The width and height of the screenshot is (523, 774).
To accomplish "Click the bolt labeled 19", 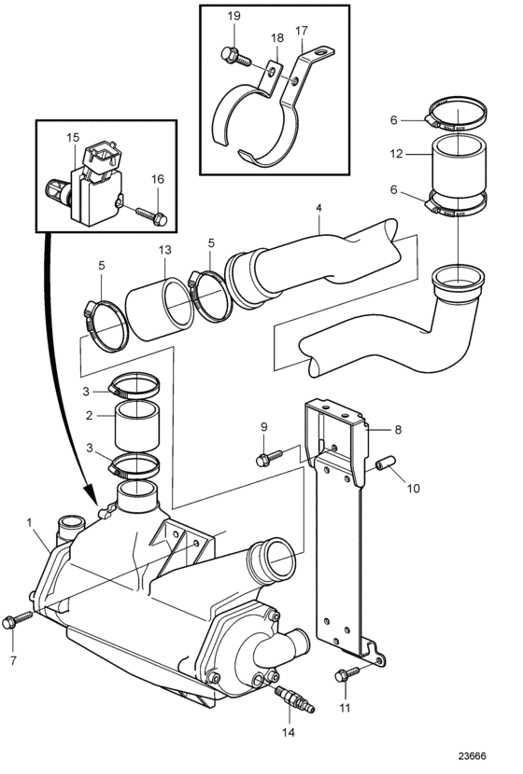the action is point(235,56).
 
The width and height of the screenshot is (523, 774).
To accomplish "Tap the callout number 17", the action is point(302,31).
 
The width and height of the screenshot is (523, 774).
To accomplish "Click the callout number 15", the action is point(73,137).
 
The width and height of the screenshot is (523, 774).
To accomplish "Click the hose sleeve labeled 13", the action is point(159,310).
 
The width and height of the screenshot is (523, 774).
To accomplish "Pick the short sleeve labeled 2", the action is point(137,425).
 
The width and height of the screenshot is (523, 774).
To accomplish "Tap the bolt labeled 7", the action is point(17,619).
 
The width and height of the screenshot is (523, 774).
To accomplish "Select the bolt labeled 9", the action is point(269,457).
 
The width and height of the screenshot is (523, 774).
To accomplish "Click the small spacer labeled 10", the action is point(385,464).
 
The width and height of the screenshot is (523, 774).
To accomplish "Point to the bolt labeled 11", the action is point(348,672).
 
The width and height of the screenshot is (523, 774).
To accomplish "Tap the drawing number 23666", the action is point(472,756).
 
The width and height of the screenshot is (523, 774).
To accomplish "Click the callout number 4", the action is point(318,208).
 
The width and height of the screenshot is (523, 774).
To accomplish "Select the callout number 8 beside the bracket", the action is point(398,430).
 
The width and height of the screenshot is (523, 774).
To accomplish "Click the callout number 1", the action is point(30,522).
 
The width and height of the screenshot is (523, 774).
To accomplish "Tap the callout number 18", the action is point(277,38).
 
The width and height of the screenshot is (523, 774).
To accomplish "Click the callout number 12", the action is point(396,154).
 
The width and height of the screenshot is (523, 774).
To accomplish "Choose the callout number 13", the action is point(165,250).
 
